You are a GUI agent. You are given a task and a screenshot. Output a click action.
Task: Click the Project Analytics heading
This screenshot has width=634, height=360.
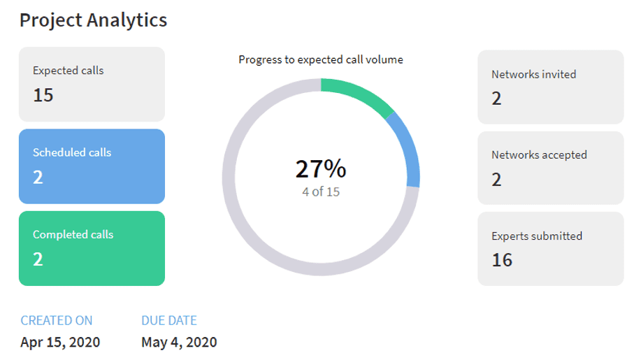tap(93, 20)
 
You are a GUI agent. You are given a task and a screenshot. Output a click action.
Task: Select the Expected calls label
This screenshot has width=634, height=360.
tap(69, 71)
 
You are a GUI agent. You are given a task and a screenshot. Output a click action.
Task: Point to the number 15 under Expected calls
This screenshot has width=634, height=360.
tap(43, 95)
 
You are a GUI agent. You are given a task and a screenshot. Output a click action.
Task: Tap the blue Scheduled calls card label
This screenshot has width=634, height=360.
tap(72, 152)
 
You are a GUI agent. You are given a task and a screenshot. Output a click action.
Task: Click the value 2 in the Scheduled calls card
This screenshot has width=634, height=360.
tap(38, 178)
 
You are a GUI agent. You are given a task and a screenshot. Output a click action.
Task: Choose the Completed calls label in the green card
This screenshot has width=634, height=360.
tap(73, 234)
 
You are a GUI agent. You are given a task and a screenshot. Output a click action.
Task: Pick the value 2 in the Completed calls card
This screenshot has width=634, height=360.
tap(38, 260)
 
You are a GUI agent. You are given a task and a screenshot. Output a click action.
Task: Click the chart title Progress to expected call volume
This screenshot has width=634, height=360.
tap(321, 59)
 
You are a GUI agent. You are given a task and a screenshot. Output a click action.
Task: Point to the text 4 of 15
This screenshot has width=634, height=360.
tap(321, 192)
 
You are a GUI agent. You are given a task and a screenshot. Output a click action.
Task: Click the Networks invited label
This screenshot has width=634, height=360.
tap(534, 74)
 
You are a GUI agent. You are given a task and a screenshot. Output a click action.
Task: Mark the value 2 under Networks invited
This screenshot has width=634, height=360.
tap(497, 99)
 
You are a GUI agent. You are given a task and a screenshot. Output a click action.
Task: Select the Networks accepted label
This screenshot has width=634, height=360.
tap(539, 155)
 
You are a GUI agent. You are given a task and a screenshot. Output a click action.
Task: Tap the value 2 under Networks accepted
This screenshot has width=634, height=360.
tap(497, 180)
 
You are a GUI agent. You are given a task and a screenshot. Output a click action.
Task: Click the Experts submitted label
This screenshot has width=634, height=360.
tap(537, 236)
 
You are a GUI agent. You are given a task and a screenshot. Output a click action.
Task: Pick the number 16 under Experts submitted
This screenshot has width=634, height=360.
tap(502, 261)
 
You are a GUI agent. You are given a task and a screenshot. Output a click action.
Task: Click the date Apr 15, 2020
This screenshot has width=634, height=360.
tap(60, 343)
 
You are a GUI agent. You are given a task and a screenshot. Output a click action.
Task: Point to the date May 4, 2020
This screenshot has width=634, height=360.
tap(179, 343)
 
